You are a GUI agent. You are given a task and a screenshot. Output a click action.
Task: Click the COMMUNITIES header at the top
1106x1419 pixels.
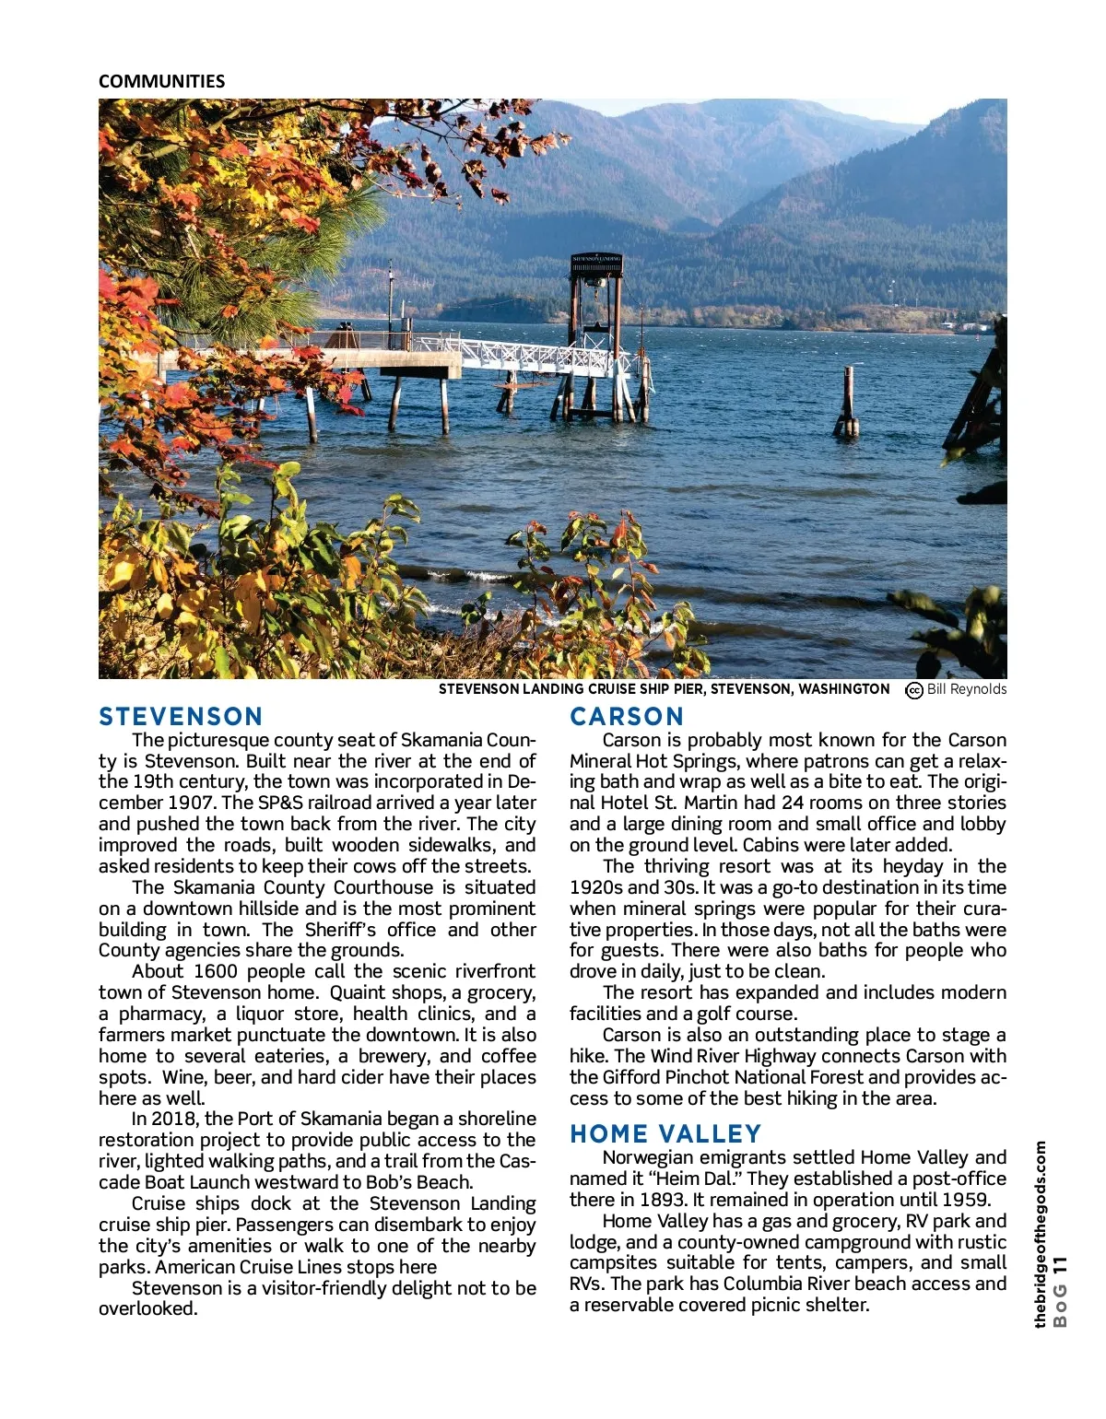click(x=161, y=81)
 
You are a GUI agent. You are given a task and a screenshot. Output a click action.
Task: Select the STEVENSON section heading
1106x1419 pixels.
click(x=181, y=717)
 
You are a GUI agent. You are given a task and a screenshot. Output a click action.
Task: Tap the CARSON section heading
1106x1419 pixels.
click(x=627, y=717)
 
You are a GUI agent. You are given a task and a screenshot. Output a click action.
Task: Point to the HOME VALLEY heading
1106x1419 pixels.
click(x=665, y=1133)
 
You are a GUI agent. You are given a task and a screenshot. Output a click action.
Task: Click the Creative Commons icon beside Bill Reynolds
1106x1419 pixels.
click(x=914, y=690)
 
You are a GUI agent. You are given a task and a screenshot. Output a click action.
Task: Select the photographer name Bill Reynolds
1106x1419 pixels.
click(x=967, y=689)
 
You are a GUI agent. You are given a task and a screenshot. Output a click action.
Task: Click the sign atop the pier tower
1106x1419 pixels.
click(x=596, y=262)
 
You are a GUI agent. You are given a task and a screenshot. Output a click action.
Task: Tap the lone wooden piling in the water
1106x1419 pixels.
click(x=847, y=401)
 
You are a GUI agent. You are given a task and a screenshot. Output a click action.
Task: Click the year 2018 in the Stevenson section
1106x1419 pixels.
click(x=177, y=1119)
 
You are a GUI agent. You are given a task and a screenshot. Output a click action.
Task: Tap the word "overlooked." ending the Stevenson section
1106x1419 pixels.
click(x=148, y=1308)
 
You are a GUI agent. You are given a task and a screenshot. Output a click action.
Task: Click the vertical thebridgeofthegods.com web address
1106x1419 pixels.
click(x=1041, y=1235)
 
